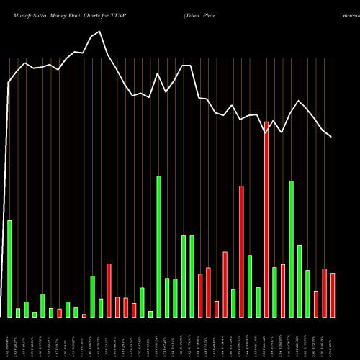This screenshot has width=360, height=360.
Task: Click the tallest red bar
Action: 266,220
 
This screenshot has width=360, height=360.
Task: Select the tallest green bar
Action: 158,247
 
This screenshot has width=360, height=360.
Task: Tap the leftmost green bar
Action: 9,269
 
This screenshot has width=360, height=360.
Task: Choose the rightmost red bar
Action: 333,295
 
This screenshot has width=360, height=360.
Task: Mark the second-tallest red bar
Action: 241,251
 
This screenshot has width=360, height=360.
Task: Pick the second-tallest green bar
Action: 291,249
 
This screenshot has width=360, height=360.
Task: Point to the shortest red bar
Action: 84,315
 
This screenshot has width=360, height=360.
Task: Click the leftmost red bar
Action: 59,313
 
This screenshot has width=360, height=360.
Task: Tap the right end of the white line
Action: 331,136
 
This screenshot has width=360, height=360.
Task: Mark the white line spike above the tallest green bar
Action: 158,73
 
